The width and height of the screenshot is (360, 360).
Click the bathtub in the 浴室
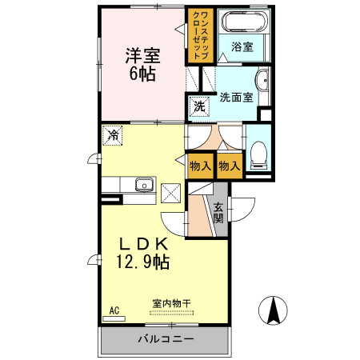coord(242,22)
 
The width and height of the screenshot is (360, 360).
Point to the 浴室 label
coord(242,46)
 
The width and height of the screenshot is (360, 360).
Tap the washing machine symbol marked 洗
coord(198,105)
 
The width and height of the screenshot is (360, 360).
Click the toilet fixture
coord(259,153)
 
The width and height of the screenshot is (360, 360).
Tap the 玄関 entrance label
coord(218,212)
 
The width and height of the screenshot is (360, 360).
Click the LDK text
coord(143,243)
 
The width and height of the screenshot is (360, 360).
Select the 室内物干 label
coord(171,304)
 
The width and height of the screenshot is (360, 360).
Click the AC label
coord(114,310)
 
